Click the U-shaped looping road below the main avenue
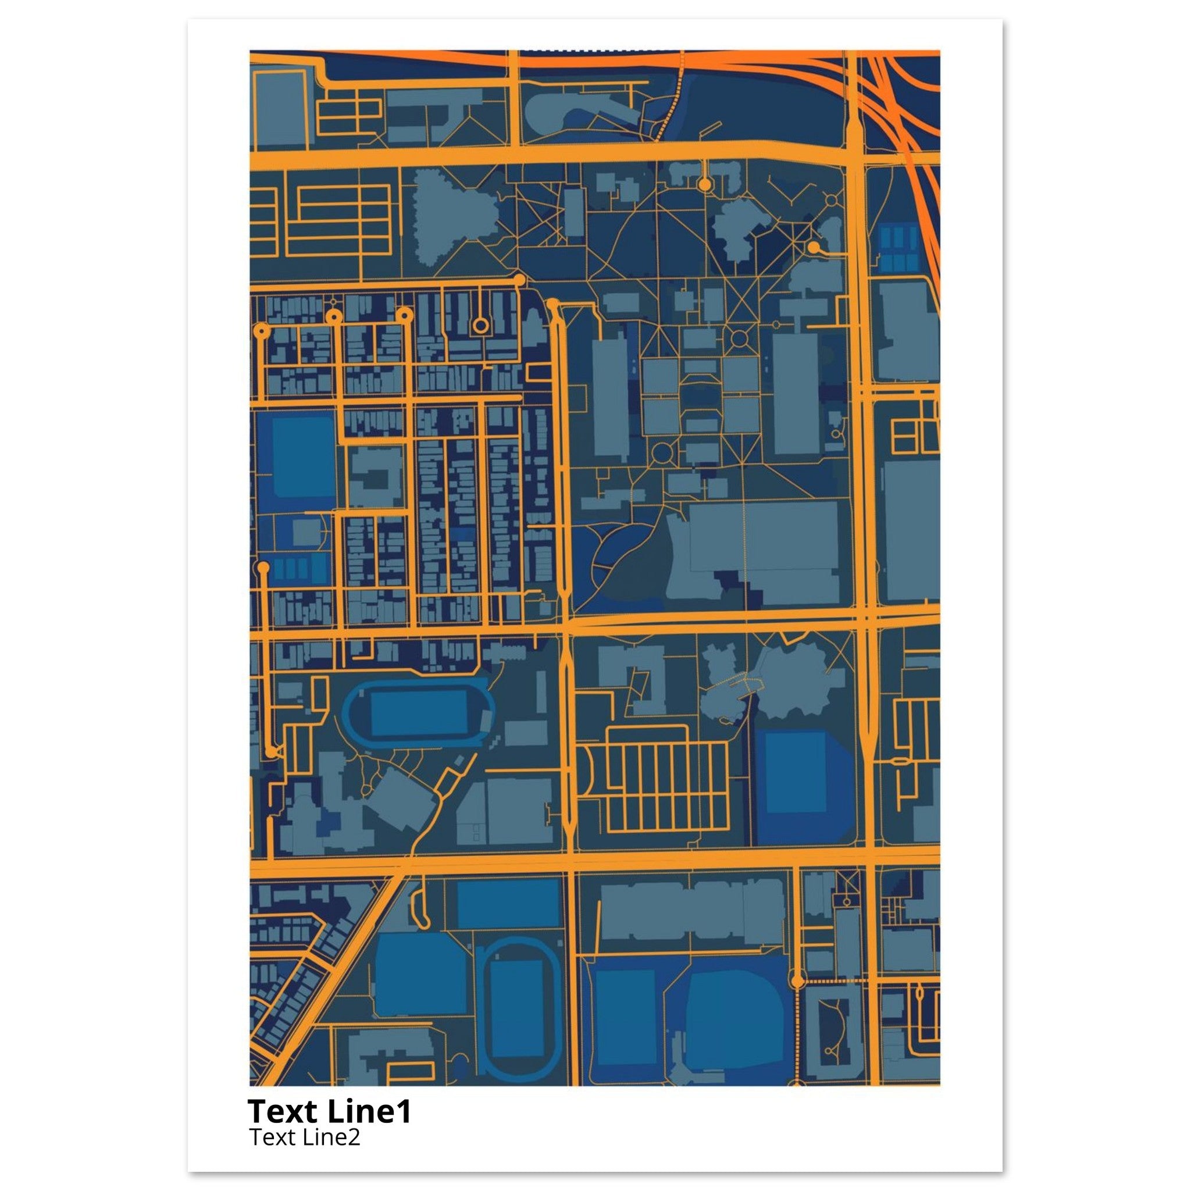coord(422,910)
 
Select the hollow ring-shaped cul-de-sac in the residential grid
coord(480,325)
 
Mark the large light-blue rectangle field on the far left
coord(297,456)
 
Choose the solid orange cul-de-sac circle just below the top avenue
coord(704,184)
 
